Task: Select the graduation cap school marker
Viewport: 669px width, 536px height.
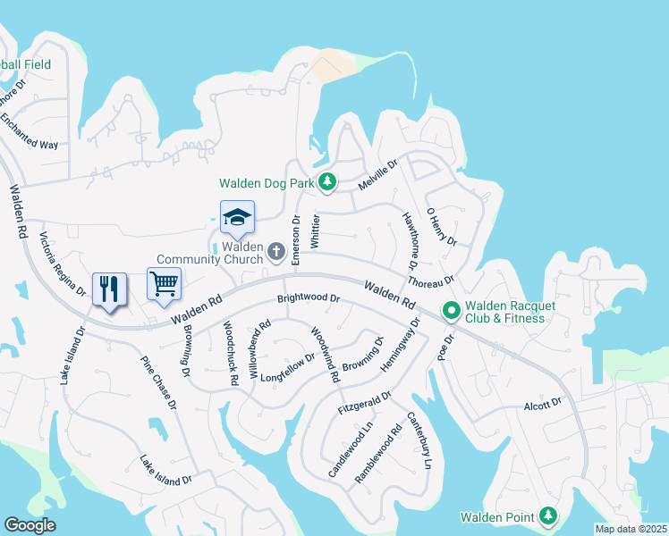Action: click(237, 217)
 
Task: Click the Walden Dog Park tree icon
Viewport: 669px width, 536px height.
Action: click(327, 182)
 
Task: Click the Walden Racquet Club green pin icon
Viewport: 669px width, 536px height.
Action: click(452, 311)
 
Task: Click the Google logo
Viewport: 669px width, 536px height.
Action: click(30, 525)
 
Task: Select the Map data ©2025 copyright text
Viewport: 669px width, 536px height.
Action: click(630, 529)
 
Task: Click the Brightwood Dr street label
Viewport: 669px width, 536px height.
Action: click(309, 298)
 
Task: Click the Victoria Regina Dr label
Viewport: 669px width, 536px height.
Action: click(62, 264)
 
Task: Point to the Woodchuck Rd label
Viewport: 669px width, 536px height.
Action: click(230, 352)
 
